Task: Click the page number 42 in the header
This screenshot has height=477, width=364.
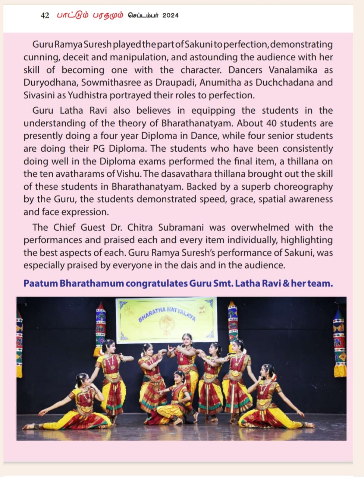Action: (45, 15)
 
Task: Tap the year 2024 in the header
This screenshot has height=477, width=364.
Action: (170, 15)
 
